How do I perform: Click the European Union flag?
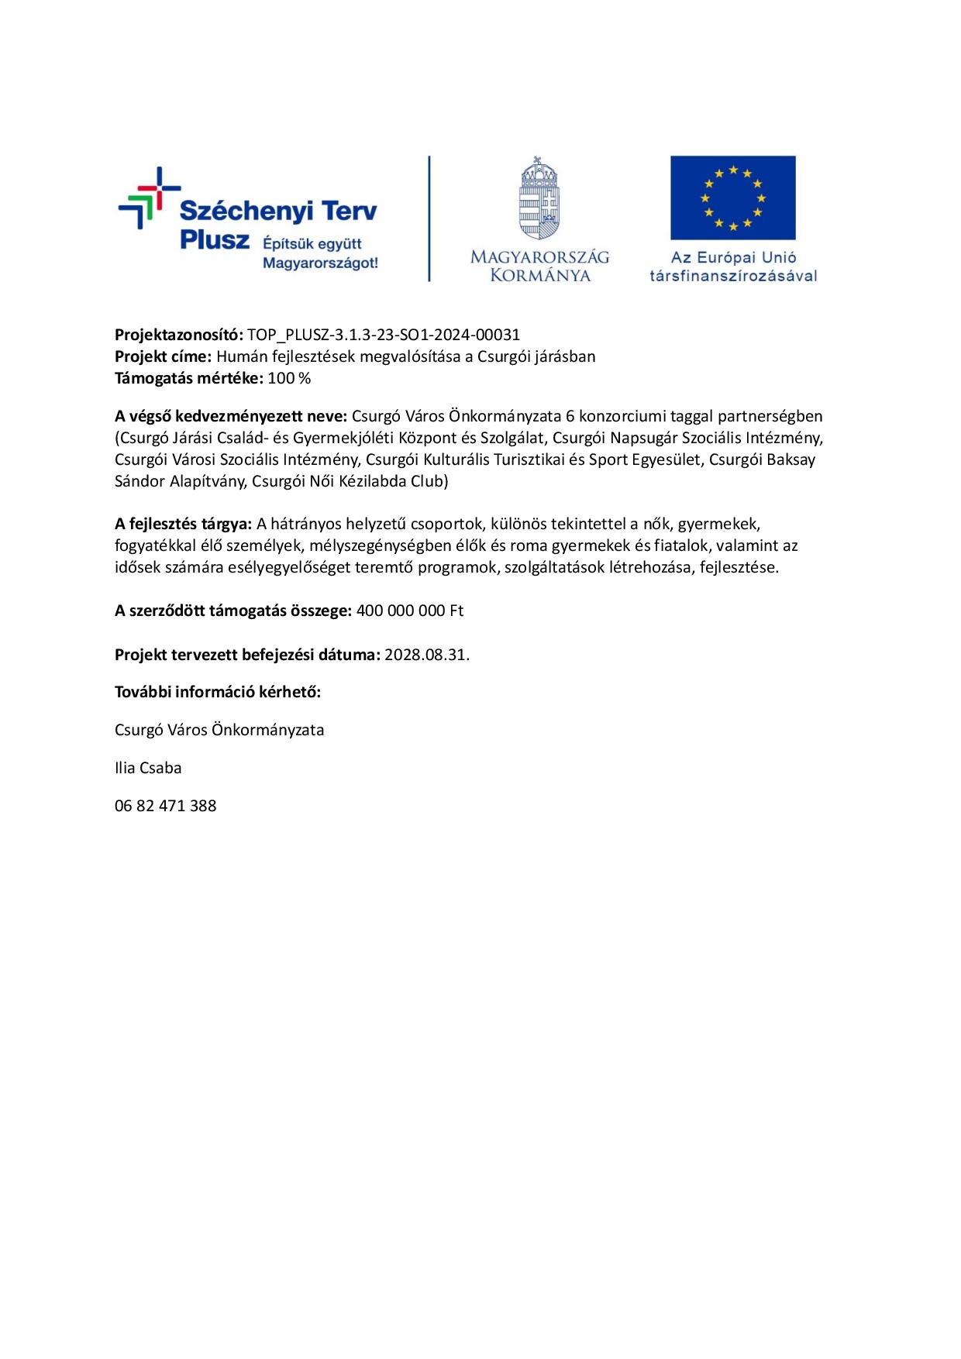732,198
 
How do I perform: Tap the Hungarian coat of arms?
539,199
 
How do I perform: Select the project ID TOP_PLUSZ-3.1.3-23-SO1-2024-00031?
384,335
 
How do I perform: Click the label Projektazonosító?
179,335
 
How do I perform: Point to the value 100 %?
289,378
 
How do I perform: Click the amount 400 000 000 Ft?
409,611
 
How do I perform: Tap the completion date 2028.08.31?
427,655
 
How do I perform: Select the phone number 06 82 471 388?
165,806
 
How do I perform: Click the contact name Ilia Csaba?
148,768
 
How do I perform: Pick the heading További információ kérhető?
218,692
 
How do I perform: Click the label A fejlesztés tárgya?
183,524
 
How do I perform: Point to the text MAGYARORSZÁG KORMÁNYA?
539,266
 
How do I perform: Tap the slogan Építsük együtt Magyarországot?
320,253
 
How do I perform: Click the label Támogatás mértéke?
188,378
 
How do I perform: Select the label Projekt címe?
163,356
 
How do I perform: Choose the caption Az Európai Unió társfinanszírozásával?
733,267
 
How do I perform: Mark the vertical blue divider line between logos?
429,218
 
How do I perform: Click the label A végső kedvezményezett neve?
230,416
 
